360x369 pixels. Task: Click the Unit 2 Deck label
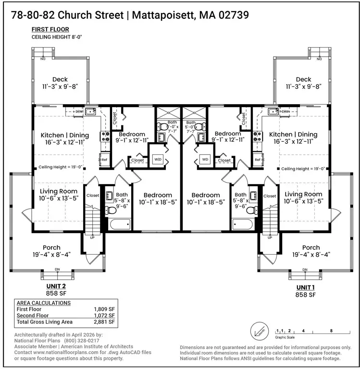pos(60,80)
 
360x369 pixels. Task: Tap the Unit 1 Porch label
pos(311,247)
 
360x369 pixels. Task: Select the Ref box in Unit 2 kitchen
pos(103,160)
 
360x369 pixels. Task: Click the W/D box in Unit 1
pos(205,159)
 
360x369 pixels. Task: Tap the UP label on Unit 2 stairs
pos(92,237)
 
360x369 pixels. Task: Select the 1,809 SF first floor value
pos(104,309)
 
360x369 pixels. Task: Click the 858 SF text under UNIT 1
pos(305,295)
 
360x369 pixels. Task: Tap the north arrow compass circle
pos(259,331)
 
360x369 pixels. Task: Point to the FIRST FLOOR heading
pos(50,29)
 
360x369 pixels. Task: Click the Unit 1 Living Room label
pos(303,194)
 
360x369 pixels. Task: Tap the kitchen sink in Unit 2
pos(91,111)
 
